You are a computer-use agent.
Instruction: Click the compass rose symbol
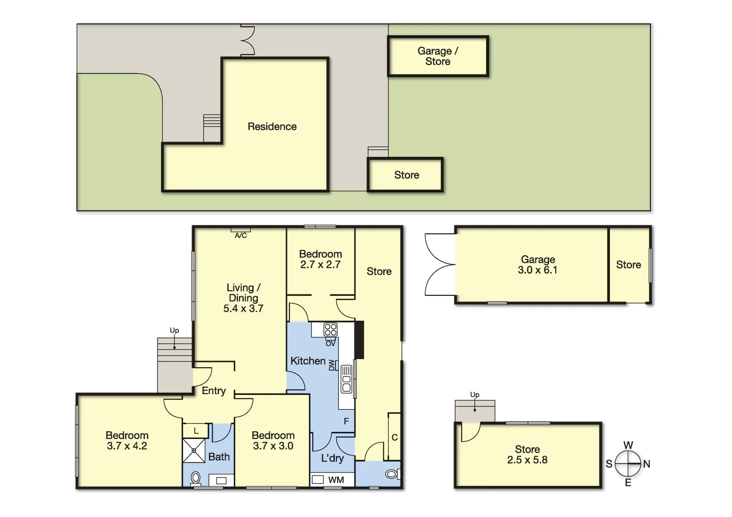tap(628, 464)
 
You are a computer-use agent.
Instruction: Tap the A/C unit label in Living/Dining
tap(240, 236)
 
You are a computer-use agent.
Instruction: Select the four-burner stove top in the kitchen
tap(331, 329)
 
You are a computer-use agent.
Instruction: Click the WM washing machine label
tap(336, 480)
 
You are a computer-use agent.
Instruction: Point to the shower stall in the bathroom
tap(194, 450)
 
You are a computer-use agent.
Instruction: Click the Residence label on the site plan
tap(272, 126)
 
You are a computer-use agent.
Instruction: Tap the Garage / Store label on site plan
tap(437, 56)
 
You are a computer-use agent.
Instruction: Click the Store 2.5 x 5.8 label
tap(527, 454)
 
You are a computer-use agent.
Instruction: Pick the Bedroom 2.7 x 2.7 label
tap(320, 259)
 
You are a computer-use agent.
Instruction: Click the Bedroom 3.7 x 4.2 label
tap(127, 440)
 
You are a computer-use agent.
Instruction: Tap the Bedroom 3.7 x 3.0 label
tap(273, 440)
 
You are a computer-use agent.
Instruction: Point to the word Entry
tap(214, 391)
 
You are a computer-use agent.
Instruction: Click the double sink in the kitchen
tap(346, 379)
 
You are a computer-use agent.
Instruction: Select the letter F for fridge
tap(346, 421)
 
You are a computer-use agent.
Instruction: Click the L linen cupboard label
tap(196, 431)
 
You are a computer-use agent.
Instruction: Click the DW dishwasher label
tap(332, 365)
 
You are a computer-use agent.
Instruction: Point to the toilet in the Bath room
tap(195, 478)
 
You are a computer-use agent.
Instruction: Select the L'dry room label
tap(332, 458)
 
